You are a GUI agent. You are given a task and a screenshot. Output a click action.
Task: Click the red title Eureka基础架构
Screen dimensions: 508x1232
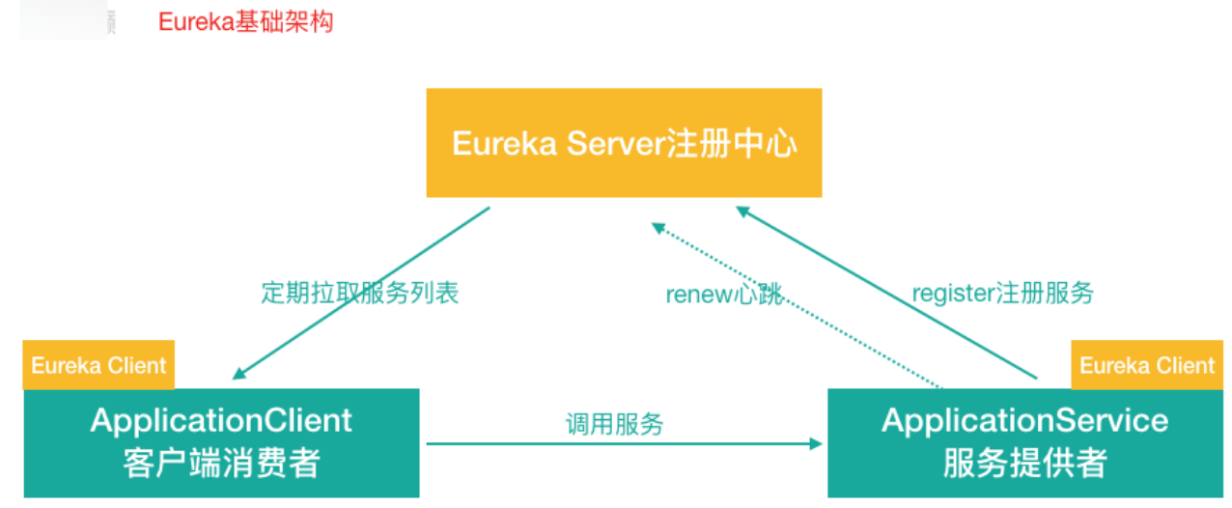[245, 22]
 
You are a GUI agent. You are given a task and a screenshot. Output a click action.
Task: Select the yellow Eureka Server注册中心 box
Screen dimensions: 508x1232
[624, 143]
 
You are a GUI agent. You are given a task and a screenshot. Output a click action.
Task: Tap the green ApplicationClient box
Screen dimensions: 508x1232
[221, 442]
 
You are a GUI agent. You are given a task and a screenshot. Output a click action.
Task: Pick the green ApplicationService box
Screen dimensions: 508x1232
[1024, 442]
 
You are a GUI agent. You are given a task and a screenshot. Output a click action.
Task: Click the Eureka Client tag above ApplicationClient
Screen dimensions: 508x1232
[98, 366]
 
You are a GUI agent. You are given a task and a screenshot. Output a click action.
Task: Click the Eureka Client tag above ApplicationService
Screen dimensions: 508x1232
[1147, 366]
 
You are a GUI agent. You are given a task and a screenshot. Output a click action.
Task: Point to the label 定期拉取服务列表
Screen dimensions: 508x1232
[359, 294]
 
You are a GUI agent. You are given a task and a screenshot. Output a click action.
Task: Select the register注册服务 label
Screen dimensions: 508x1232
[1002, 294]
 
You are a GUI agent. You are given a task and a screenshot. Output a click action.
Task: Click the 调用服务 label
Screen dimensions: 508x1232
[614, 423]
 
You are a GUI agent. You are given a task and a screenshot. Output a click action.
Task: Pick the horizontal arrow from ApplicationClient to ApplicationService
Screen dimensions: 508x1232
[618, 444]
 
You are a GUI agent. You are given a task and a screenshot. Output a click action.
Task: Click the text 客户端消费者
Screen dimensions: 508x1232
[221, 465]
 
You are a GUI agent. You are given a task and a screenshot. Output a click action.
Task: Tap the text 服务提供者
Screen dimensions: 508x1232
[1024, 465]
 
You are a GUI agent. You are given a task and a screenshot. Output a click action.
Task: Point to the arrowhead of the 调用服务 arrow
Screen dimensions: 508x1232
[816, 444]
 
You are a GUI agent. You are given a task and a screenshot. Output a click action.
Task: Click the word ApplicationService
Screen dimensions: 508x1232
[1024, 421]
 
